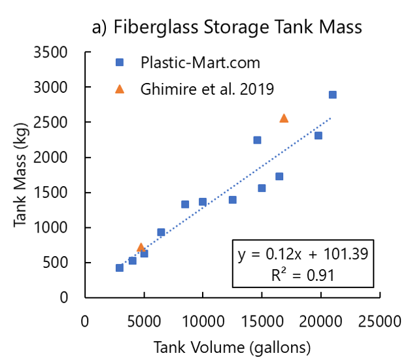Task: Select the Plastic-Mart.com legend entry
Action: [x=200, y=63]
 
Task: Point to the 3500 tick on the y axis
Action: [x=63, y=52]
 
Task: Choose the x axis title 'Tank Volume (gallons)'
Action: [x=231, y=345]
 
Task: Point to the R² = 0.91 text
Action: [x=301, y=274]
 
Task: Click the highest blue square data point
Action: [x=332, y=95]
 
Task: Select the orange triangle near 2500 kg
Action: [x=284, y=118]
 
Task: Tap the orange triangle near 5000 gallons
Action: [x=141, y=247]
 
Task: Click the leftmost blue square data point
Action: [x=120, y=268]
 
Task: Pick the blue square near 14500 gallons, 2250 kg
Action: [x=257, y=140]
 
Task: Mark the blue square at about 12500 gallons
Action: [x=232, y=200]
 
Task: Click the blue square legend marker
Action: [x=120, y=63]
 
